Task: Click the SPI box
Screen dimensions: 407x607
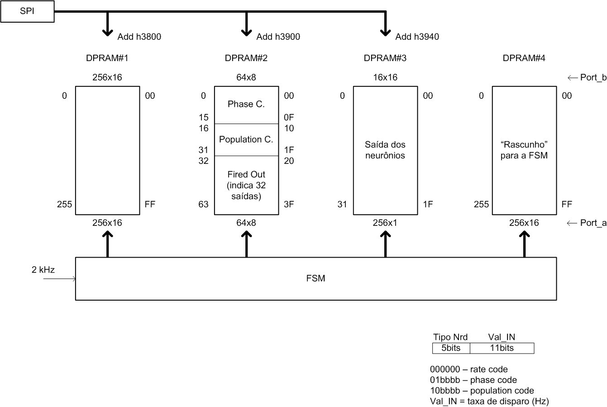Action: [27, 12]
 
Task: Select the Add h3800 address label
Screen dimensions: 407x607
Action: [139, 37]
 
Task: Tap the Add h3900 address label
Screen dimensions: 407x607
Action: [278, 37]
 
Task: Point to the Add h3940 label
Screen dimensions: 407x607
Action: [417, 37]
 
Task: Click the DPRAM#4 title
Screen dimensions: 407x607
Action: [524, 58]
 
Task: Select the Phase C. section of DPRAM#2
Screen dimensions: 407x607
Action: [246, 104]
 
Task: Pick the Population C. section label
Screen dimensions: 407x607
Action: [246, 139]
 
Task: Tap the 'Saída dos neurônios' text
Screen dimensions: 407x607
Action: [385, 150]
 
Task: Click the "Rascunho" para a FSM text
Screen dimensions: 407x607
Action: [524, 150]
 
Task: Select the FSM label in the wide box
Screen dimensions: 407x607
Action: [315, 278]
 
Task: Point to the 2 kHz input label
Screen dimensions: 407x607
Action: [43, 270]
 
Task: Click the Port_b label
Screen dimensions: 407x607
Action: [593, 77]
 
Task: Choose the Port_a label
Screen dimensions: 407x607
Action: [593, 223]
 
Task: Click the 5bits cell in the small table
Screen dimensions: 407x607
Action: [451, 348]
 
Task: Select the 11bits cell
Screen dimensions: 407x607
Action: [502, 348]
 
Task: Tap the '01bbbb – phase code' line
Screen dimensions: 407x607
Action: [473, 380]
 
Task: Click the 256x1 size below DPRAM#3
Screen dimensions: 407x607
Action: [385, 223]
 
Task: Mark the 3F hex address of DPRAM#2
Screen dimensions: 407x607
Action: [289, 204]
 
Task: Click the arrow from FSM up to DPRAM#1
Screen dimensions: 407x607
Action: [107, 244]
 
